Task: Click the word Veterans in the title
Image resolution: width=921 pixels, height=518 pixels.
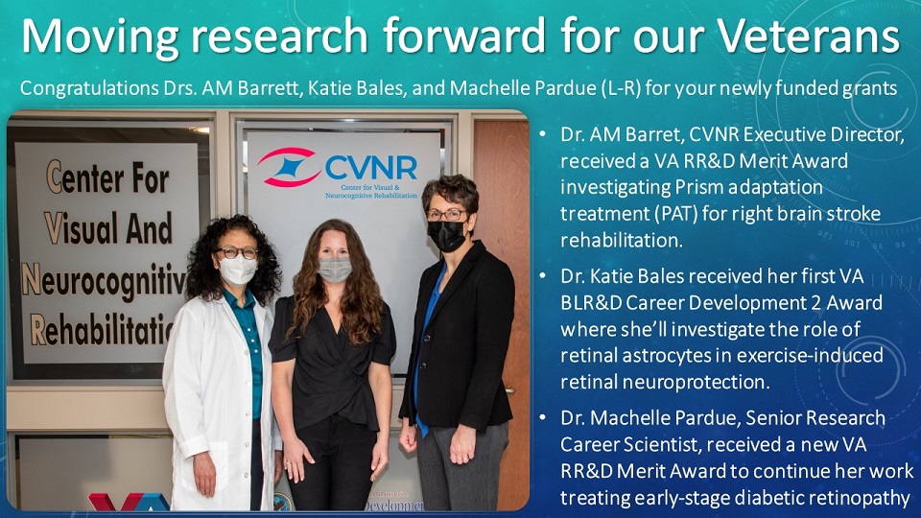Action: pos(809,35)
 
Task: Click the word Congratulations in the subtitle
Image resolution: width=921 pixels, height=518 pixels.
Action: pos(88,88)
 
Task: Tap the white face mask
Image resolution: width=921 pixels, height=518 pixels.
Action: pos(237,271)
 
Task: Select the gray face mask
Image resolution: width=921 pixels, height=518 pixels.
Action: pos(335,269)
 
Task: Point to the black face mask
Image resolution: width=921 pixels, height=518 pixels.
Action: pos(446,235)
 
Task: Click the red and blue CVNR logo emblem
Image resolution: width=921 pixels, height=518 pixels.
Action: pos(289,167)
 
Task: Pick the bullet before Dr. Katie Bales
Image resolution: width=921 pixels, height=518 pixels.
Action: pos(543,276)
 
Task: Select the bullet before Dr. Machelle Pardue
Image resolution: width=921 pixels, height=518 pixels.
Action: pos(543,417)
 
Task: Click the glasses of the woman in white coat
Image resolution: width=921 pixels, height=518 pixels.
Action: pos(237,252)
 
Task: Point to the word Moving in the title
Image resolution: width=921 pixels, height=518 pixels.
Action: pos(100,36)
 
